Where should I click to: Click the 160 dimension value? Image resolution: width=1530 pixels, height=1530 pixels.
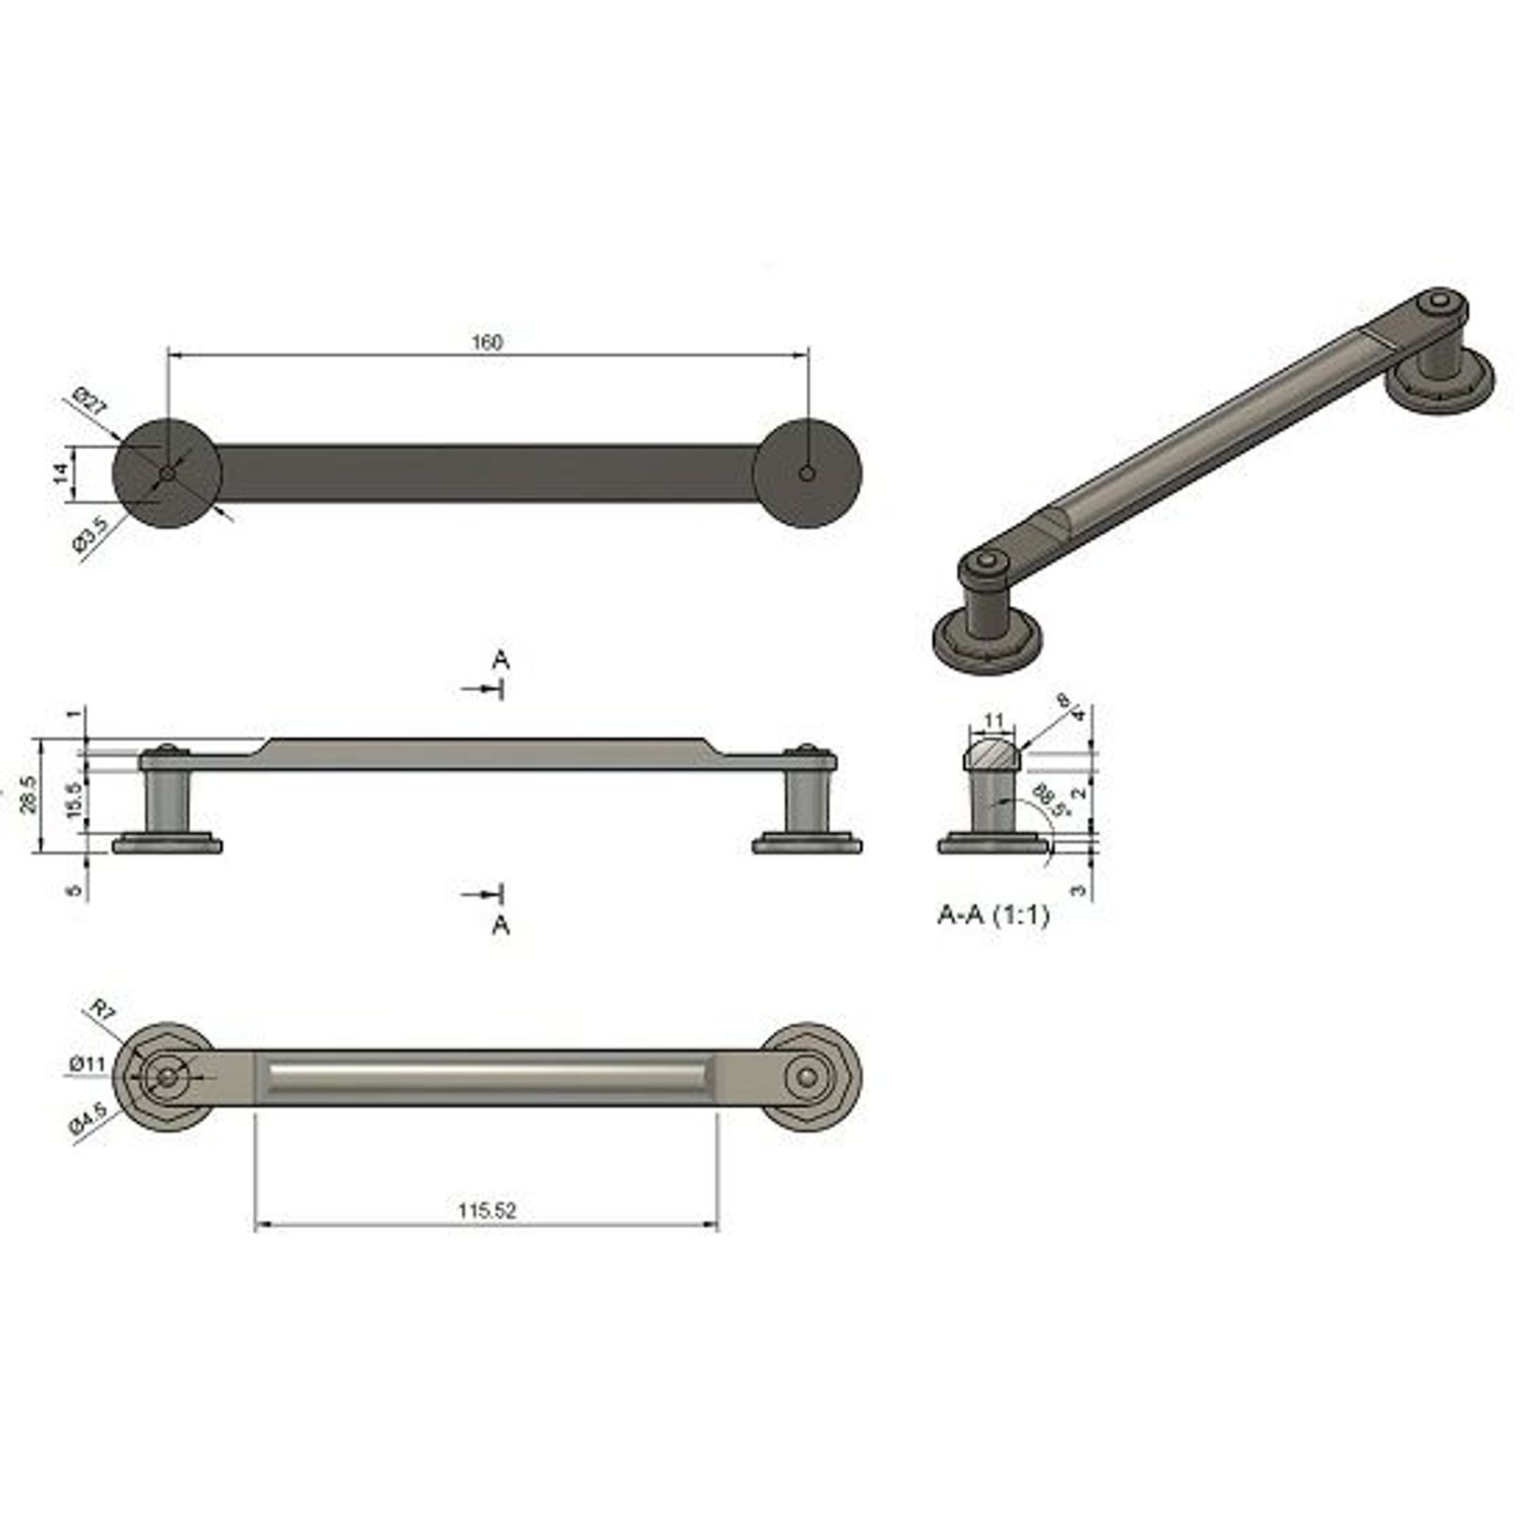[487, 342]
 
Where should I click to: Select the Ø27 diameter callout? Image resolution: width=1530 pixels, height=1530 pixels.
[89, 402]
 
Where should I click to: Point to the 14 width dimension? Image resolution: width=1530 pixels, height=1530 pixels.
[60, 472]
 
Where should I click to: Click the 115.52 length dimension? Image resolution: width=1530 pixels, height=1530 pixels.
[487, 1210]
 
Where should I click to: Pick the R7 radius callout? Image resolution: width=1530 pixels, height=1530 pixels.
[101, 1009]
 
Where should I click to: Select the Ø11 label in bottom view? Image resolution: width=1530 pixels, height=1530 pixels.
[88, 1064]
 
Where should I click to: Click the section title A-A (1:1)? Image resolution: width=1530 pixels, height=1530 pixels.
[993, 915]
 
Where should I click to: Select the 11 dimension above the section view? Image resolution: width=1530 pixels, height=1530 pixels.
[994, 721]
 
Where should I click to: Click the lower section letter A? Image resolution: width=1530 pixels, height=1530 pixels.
[500, 926]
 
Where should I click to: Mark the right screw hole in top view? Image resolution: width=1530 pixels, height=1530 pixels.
[806, 473]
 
